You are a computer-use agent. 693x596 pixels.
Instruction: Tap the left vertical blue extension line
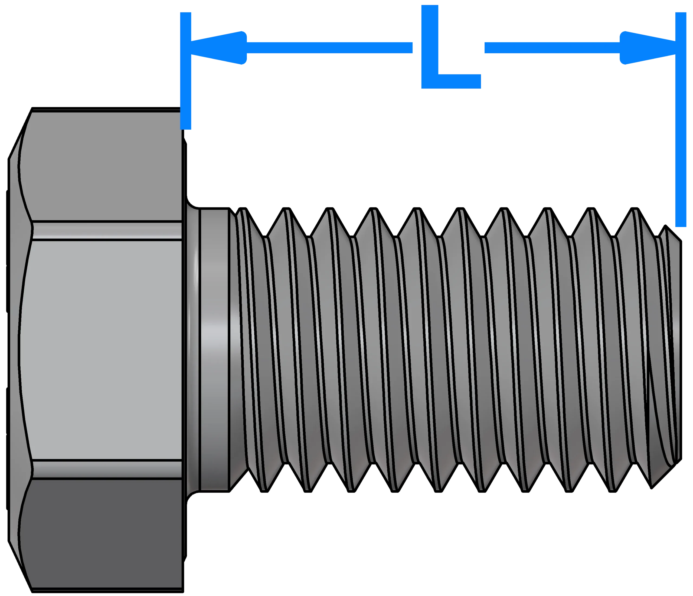[x=186, y=71]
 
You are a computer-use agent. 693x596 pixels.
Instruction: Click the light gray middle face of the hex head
[x=100, y=350]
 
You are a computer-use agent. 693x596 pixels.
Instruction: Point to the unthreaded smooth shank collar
[x=214, y=350]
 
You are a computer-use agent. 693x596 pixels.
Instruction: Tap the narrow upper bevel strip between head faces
[x=107, y=231]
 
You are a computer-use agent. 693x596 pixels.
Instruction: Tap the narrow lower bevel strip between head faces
[x=107, y=470]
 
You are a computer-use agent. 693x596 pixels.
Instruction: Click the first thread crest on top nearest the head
[x=243, y=209]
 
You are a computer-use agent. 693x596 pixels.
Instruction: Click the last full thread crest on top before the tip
[x=635, y=209]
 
